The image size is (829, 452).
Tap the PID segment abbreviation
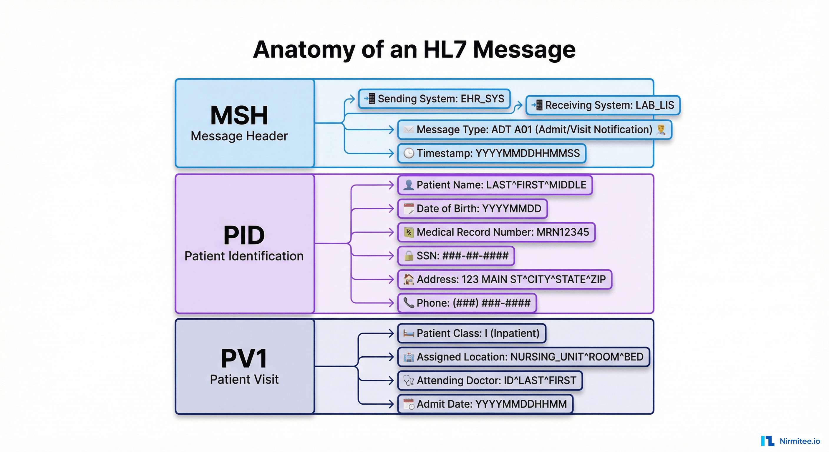[x=244, y=235]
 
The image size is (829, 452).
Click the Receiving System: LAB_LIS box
[x=603, y=105]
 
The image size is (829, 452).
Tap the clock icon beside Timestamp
[x=408, y=153]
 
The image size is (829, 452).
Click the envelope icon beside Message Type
[x=408, y=130]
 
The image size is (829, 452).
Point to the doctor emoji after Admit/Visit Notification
[x=661, y=130]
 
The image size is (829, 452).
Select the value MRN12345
[x=563, y=232]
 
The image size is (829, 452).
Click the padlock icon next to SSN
[x=408, y=256]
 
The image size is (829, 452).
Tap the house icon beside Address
[x=408, y=279]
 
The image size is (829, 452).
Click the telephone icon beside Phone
[x=408, y=303]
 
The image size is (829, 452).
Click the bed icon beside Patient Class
[x=408, y=334]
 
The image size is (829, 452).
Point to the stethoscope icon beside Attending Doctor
[x=408, y=380]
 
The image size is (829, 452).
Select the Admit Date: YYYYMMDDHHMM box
[x=485, y=404]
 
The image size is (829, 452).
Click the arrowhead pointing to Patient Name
[x=392, y=185]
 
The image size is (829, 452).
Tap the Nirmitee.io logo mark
[x=767, y=441]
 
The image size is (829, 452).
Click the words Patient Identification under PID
[x=244, y=256]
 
